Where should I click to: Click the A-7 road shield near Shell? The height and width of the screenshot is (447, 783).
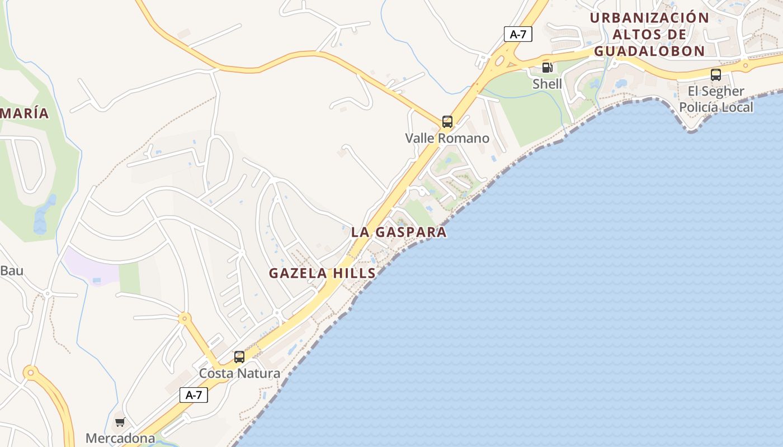518,34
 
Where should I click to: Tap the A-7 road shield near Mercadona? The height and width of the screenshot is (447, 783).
194,395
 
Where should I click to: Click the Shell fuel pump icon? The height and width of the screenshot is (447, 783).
547,68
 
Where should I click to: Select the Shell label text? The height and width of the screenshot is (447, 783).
547,84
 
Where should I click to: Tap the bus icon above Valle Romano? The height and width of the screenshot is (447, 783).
447,121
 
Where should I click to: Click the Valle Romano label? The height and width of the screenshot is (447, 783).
447,138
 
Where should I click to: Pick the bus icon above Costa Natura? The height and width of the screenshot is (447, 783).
239,356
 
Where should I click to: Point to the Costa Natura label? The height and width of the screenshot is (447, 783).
239,373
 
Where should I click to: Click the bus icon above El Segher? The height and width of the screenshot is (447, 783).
715,74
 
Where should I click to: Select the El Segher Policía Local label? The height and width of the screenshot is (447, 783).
716,99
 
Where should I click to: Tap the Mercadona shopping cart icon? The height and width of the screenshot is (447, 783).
120,422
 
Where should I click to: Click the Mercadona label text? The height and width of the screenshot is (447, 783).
120,438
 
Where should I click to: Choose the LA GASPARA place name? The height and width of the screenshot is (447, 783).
399,232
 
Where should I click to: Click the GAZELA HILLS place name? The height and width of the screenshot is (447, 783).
322,273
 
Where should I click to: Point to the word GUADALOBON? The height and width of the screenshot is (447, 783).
649,51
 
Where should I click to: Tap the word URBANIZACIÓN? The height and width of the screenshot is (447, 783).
649,17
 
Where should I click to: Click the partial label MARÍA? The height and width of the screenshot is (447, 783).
25,113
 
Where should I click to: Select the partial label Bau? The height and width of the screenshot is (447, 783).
11,271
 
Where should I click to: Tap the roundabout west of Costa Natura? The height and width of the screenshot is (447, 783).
184,319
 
